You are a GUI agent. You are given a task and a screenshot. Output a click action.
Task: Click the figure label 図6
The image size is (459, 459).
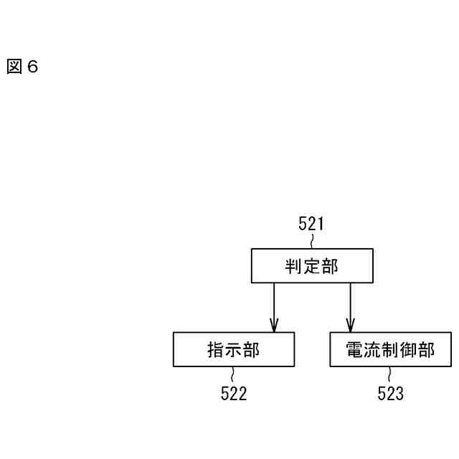tap(22, 67)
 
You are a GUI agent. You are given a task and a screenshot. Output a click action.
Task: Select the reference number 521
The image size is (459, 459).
tap(311, 224)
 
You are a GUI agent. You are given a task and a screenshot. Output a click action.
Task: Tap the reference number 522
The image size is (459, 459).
tap(233, 394)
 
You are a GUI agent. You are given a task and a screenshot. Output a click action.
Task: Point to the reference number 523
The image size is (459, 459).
tap(390, 394)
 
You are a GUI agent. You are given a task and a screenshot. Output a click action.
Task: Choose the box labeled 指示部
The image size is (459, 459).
tap(234, 349)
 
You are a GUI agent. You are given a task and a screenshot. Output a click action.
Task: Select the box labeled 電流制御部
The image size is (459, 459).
tap(390, 349)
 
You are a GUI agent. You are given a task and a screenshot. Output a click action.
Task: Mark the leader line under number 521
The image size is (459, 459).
tap(311, 241)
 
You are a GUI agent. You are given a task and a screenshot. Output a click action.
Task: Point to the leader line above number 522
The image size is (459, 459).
tap(233, 375)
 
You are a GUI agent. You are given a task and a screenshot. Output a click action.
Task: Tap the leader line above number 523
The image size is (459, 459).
tap(390, 375)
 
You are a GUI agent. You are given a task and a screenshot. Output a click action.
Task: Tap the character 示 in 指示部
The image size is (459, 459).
tap(234, 350)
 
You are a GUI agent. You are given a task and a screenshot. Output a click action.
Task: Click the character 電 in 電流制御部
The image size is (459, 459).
tap(354, 350)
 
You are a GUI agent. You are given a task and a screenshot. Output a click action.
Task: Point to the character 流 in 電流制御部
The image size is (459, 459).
tap(372, 350)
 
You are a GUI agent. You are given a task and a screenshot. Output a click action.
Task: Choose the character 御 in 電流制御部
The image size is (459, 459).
tap(408, 350)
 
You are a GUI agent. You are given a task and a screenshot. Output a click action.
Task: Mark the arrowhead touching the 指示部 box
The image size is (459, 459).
tap(273, 326)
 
